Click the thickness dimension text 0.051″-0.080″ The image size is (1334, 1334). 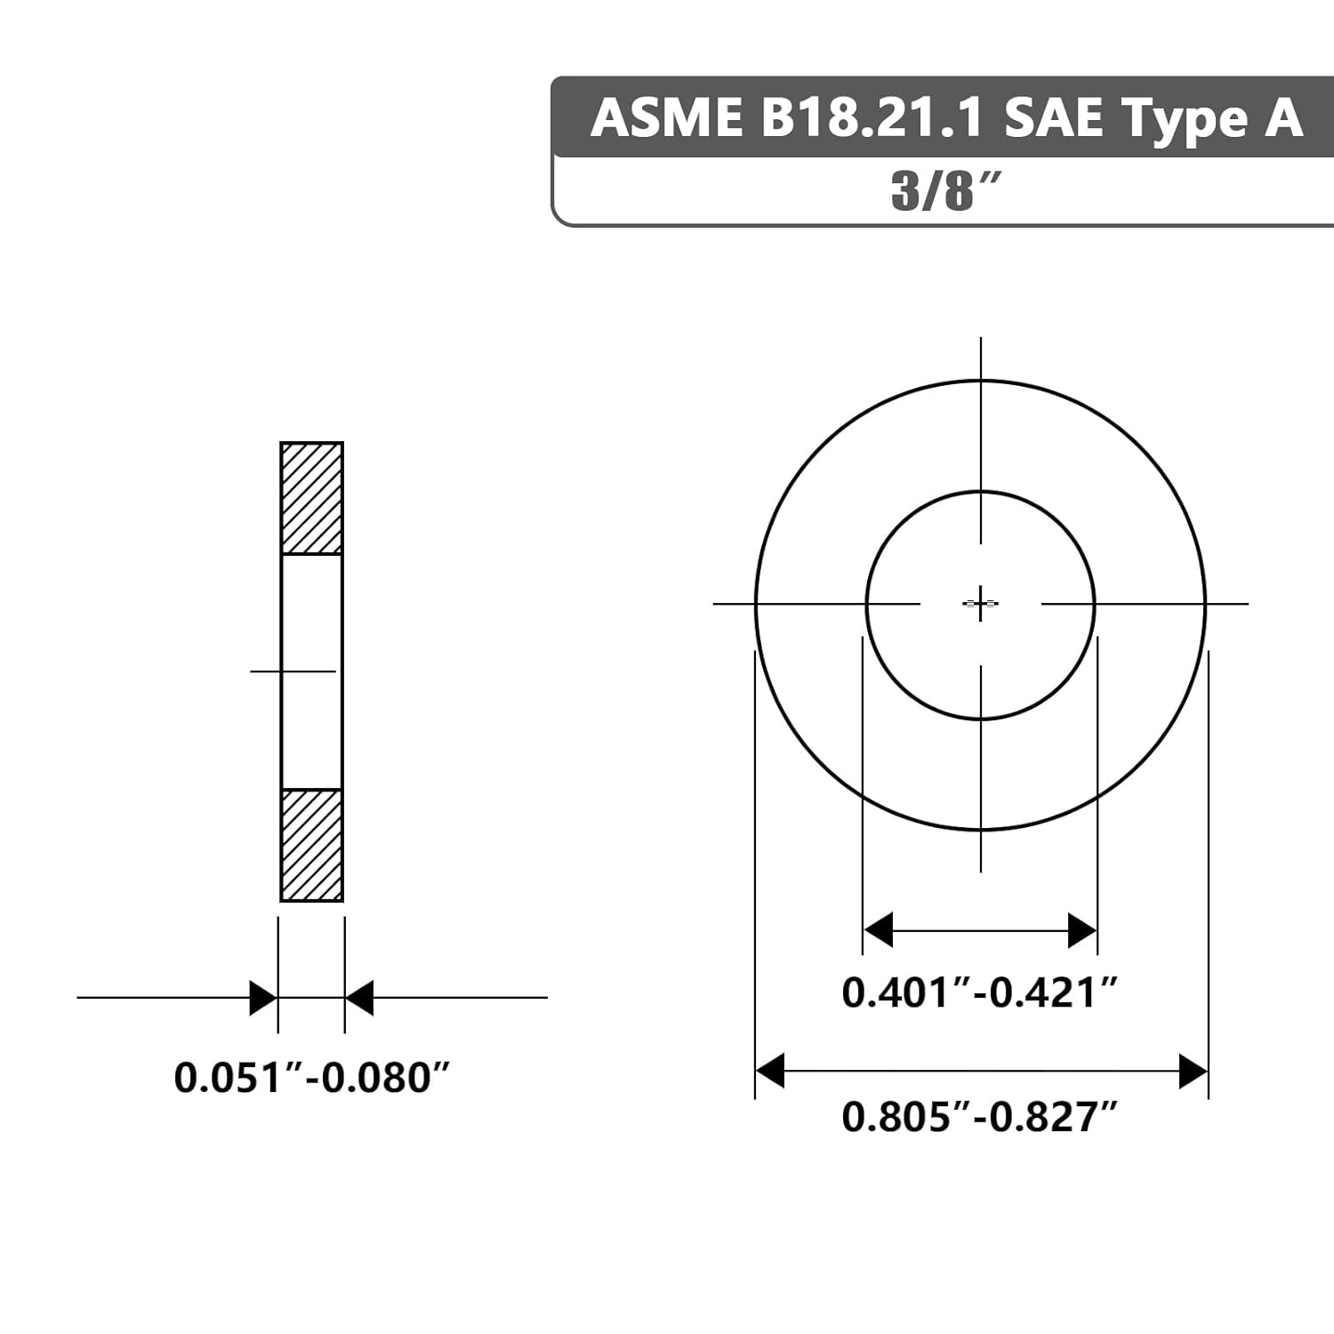pyautogui.click(x=312, y=1077)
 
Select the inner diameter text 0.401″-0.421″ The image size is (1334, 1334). pyautogui.click(x=979, y=992)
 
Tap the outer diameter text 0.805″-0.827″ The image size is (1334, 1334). pyautogui.click(x=979, y=1116)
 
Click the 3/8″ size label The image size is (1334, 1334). pyautogui.click(x=946, y=190)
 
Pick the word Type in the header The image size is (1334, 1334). pyautogui.click(x=1182, y=120)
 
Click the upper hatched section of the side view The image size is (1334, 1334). pyautogui.click(x=311, y=498)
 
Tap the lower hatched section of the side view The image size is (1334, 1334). pyautogui.click(x=311, y=845)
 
